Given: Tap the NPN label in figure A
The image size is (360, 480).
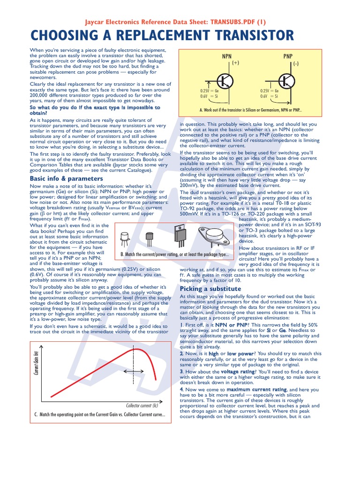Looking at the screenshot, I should coord(227,56).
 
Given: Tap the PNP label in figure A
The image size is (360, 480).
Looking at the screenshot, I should coord(288,56).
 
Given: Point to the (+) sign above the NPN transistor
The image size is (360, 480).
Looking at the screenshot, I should coord(235,63).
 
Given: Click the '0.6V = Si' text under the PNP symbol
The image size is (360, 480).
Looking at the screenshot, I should coord(270,96).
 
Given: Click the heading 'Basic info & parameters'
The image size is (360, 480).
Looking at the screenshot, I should coord(60,179).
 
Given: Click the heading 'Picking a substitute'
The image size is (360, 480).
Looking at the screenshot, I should coord(210,289).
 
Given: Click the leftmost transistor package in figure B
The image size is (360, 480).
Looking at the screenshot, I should coord(125,239).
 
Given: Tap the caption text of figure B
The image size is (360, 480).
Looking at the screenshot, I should coord(174,255).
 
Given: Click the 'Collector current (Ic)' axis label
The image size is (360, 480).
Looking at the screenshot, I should coord(142,405).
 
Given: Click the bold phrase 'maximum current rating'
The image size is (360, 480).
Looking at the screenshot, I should coord(256,390).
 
